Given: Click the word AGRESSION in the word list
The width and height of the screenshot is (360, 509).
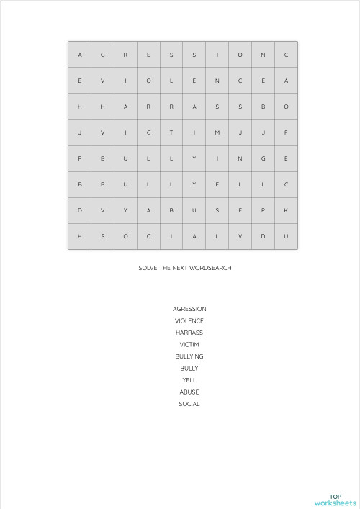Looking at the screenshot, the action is point(189,309).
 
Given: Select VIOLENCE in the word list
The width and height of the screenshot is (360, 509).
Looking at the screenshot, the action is point(189,321).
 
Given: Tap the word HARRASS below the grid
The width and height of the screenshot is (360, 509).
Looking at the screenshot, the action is point(189,333).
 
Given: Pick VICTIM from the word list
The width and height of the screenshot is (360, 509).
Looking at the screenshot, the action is point(189,345).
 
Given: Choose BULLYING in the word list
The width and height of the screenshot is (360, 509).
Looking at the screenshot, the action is point(189,356).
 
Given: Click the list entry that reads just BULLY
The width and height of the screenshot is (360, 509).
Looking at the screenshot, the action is point(189,369).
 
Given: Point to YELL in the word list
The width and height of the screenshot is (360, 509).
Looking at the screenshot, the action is point(189,380).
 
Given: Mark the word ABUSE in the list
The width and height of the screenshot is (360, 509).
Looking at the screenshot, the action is point(189,392).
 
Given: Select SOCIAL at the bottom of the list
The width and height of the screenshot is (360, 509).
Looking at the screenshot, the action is point(189,404).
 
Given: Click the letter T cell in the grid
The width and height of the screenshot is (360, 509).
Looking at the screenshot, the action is point(171,132).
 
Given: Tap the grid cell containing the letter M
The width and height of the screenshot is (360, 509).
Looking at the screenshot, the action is point(217,132).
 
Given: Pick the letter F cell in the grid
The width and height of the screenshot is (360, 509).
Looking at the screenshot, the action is point(286,132).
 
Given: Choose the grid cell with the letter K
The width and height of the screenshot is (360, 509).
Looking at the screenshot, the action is point(286,210).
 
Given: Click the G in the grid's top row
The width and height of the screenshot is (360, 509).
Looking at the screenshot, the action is point(102,55).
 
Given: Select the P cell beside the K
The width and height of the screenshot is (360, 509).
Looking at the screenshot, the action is point(263,210).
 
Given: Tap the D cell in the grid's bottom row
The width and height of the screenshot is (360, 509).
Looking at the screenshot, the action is point(263,236).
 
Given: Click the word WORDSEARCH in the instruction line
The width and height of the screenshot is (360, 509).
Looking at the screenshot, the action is point(210,268).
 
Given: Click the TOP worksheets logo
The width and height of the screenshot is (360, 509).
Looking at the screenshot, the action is point(335,500).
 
